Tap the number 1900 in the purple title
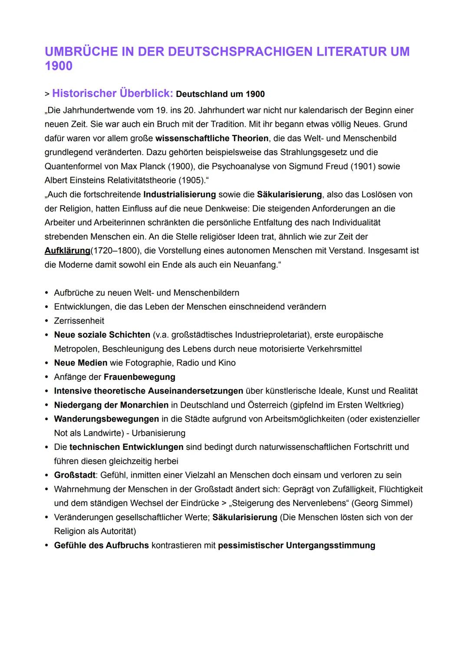point(59,66)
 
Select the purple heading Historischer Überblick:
point(112,93)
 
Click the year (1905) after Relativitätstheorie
point(188,180)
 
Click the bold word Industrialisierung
point(179,195)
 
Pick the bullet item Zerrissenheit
point(79,321)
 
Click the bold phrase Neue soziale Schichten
point(102,335)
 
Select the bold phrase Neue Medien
point(80,363)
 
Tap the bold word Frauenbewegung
point(139,377)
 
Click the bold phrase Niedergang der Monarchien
point(111,405)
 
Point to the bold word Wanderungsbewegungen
point(106,419)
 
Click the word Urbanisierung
point(159,433)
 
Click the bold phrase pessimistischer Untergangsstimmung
point(296,545)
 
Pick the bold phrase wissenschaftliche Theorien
point(212,138)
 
